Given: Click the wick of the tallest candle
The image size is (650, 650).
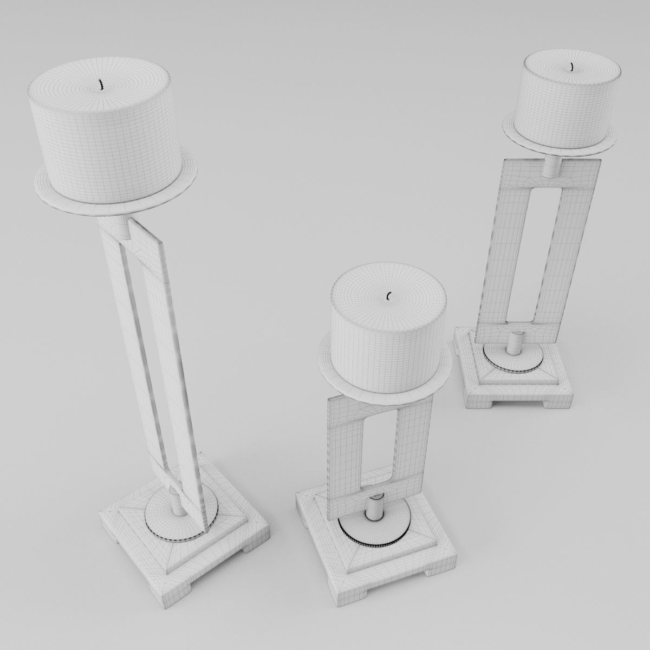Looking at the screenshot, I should [x=100, y=85].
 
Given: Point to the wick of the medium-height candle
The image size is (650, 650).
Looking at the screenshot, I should [x=573, y=67].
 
